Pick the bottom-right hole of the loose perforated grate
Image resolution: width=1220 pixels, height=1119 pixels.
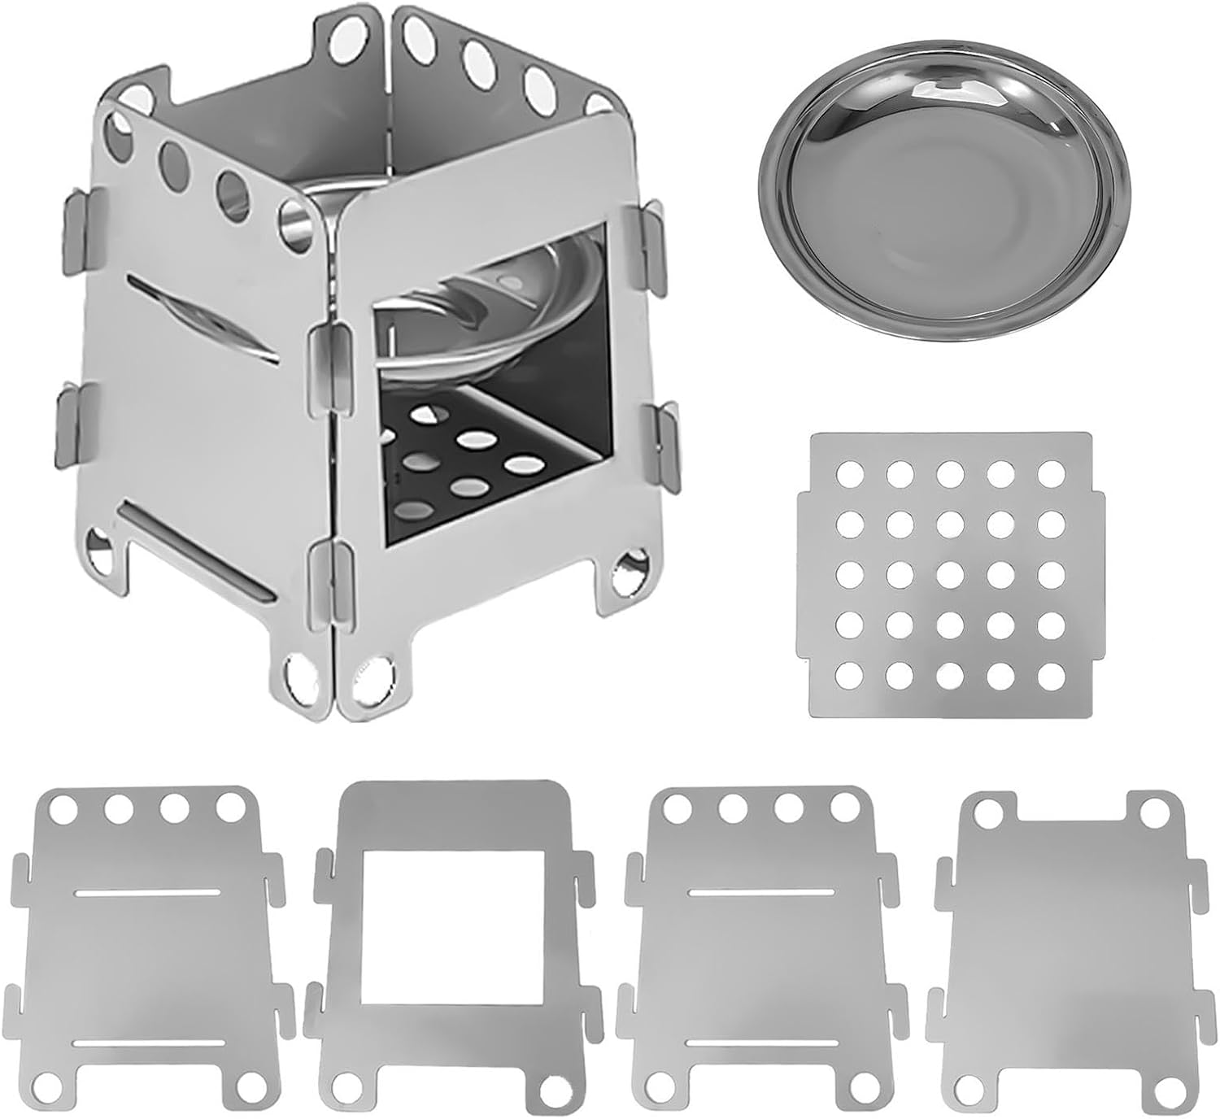click(1052, 674)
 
